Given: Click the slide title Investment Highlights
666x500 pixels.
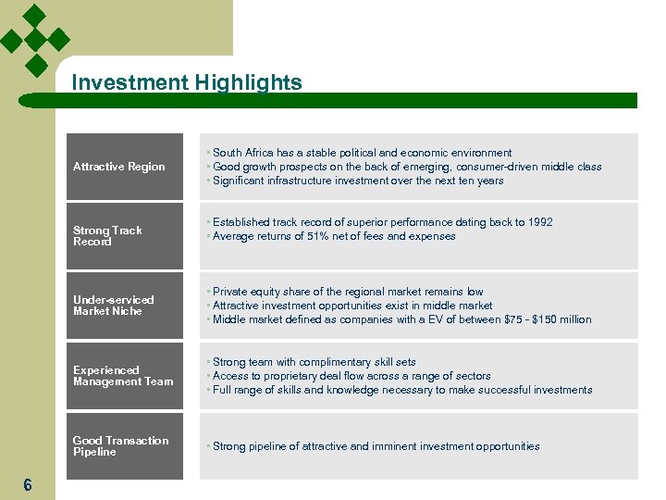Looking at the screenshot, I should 186,83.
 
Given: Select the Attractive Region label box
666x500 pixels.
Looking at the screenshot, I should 126,167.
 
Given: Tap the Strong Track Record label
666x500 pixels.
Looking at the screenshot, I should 126,236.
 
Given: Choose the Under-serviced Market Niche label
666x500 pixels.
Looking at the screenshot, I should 126,306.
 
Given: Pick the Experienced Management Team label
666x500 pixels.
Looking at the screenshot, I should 126,376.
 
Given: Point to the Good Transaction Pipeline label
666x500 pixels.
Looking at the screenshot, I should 126,446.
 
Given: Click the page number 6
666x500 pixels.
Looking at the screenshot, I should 28,485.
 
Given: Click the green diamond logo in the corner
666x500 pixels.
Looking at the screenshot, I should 35,40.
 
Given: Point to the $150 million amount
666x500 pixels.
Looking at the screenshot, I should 562,319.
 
